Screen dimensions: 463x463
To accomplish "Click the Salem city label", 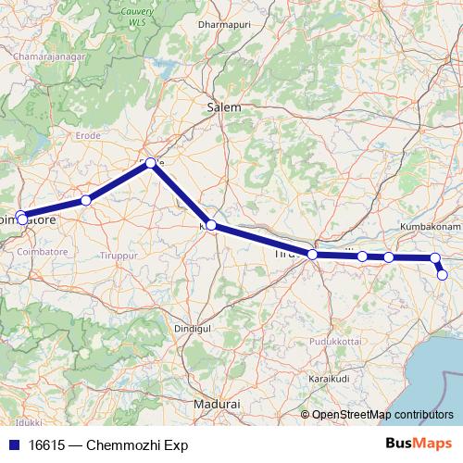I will point(223,107).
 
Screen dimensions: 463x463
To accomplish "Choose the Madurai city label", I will point(218,405).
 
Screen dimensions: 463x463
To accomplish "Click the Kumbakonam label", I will point(431,226).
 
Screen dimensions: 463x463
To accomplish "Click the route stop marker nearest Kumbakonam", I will point(435,258).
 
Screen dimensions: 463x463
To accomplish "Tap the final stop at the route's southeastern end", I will point(443,274).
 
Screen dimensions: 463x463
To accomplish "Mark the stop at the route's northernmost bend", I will point(151,162).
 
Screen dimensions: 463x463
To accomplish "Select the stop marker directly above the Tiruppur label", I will point(86,200).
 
